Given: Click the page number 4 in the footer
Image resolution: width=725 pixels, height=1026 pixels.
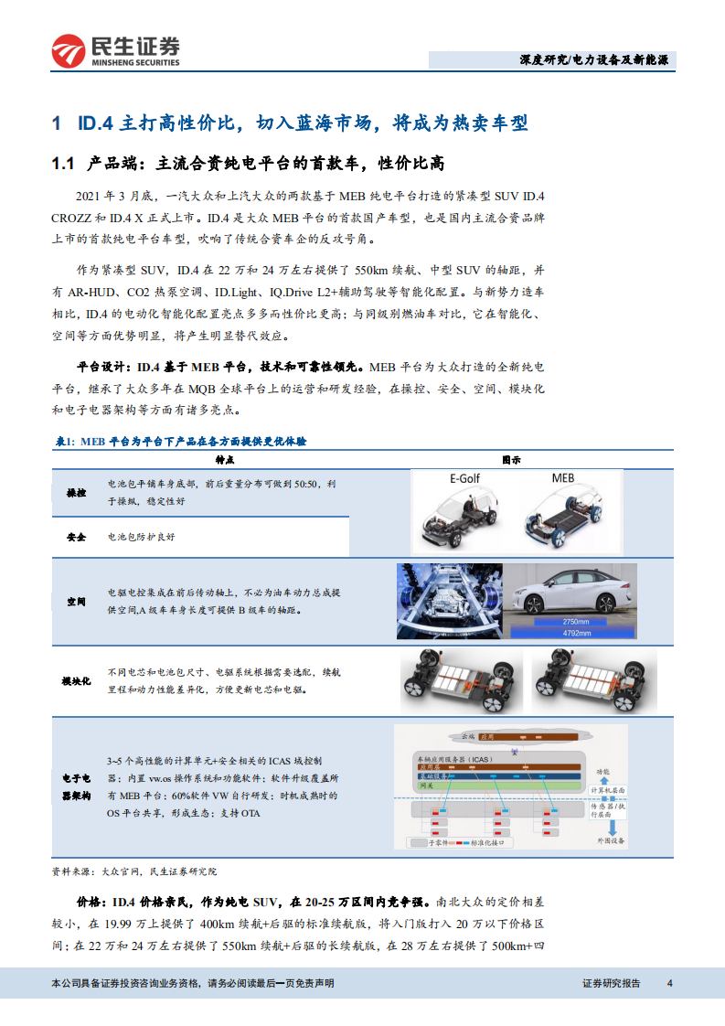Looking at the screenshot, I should (x=670, y=983).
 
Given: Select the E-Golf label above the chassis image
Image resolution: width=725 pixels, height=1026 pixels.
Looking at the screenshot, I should (x=464, y=478).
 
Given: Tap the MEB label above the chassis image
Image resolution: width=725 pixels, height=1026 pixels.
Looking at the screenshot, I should (x=563, y=478).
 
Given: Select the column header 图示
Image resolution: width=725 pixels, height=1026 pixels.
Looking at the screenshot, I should (x=512, y=460).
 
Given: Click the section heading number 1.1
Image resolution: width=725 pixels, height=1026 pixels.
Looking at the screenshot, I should (x=63, y=163).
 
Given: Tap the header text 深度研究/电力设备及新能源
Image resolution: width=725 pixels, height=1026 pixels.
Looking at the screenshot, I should (x=592, y=60).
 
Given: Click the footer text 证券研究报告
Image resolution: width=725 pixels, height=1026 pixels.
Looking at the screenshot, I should (x=611, y=983).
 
